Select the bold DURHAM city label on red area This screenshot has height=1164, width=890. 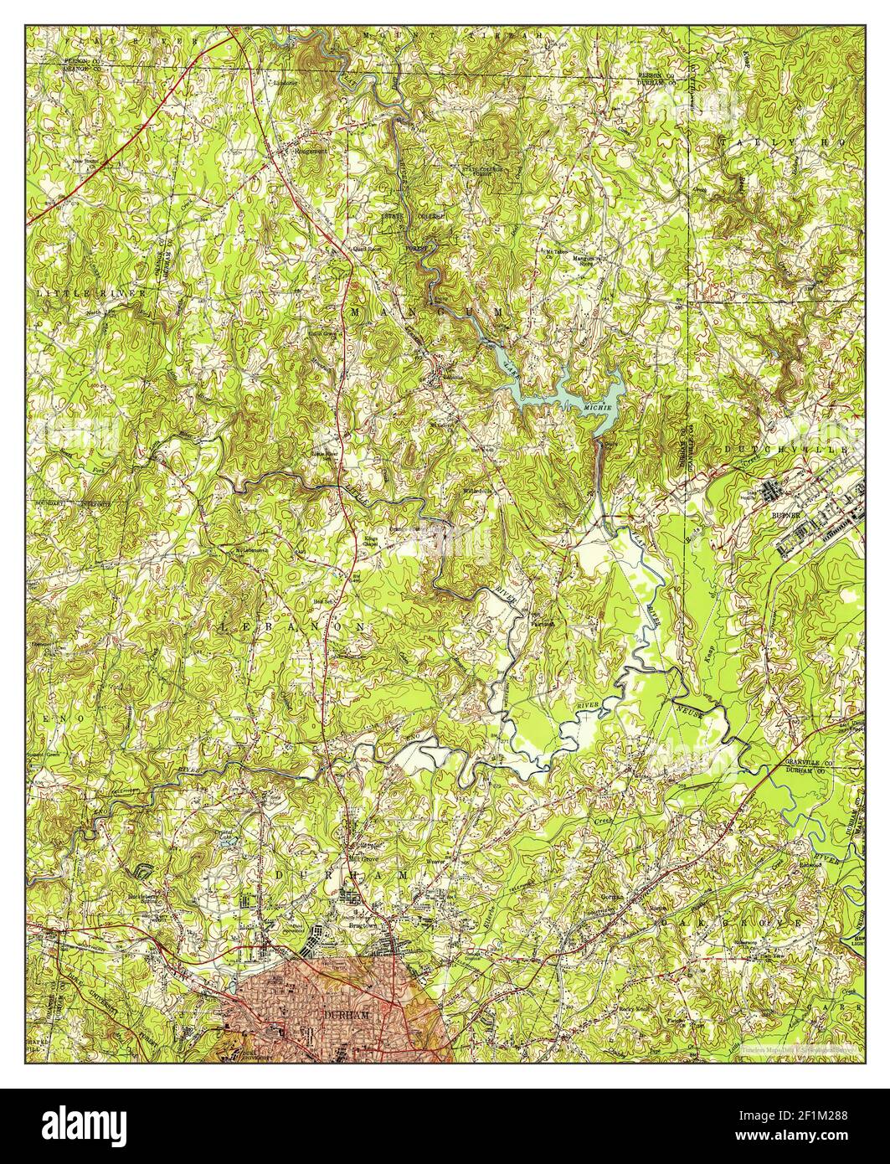point(342,1014)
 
